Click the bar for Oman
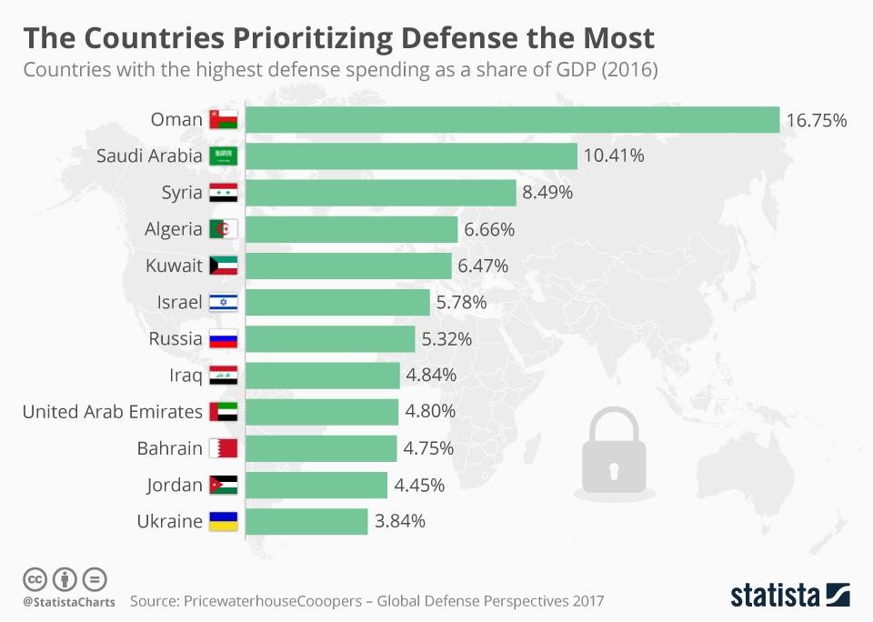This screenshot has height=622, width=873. click(x=513, y=120)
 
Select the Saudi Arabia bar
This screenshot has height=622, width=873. click(x=412, y=156)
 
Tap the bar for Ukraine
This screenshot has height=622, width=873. click(x=307, y=521)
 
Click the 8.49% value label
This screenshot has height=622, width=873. click(x=548, y=193)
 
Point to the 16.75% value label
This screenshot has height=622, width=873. click(x=817, y=120)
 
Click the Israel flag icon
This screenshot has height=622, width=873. click(x=223, y=303)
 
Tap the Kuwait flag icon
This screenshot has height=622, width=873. click(x=223, y=266)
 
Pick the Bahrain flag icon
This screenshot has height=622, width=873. click(x=223, y=448)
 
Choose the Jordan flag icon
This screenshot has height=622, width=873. click(x=223, y=485)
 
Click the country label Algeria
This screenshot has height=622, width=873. click(x=174, y=229)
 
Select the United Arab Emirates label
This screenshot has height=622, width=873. click(x=113, y=412)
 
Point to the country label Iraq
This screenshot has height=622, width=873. click(x=184, y=376)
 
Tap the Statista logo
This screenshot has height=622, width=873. click(x=790, y=595)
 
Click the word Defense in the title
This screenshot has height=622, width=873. click(x=443, y=38)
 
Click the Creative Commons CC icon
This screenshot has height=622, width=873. click(x=35, y=578)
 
